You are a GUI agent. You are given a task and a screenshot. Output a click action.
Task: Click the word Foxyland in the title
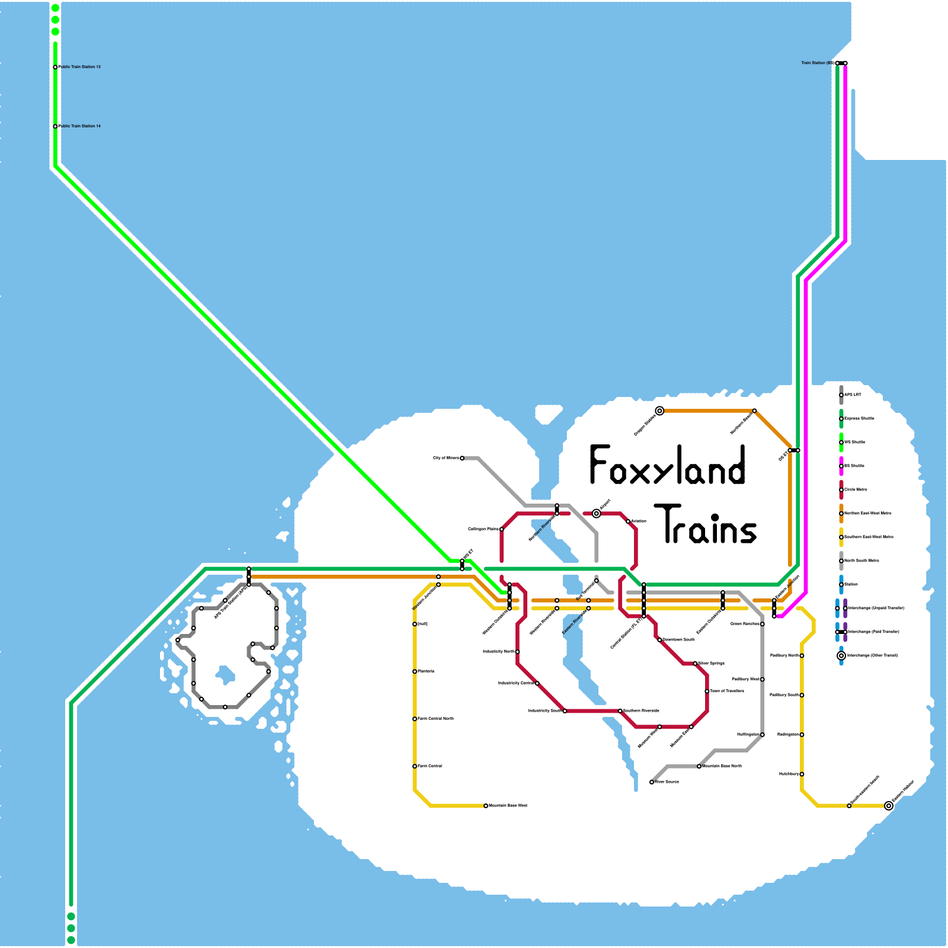(667, 466)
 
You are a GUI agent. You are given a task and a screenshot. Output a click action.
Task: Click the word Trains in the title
(709, 525)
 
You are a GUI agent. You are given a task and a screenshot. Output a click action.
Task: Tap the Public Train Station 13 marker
(55, 67)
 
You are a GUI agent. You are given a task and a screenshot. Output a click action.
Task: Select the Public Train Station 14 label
(80, 126)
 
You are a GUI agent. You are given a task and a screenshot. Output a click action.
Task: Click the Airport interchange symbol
(597, 514)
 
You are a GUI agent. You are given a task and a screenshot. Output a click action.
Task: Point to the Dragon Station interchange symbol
(659, 411)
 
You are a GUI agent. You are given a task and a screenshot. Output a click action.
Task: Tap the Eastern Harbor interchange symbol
(889, 806)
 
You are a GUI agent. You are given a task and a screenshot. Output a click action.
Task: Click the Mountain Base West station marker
(486, 806)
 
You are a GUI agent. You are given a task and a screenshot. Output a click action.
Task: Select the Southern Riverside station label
(641, 710)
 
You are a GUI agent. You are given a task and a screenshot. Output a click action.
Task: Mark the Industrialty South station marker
(565, 711)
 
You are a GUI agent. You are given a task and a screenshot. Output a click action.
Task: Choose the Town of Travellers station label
(727, 691)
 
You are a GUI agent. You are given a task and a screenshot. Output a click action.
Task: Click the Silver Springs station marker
(695, 664)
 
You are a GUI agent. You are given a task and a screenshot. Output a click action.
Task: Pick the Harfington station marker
(763, 735)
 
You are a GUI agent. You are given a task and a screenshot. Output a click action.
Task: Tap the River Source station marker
(652, 782)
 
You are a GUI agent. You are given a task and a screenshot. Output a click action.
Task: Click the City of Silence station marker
(462, 458)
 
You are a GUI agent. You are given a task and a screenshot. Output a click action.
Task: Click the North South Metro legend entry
(861, 561)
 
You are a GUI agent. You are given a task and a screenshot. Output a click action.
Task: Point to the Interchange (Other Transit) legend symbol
(841, 655)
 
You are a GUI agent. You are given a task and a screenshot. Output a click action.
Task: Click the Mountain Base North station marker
(699, 766)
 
